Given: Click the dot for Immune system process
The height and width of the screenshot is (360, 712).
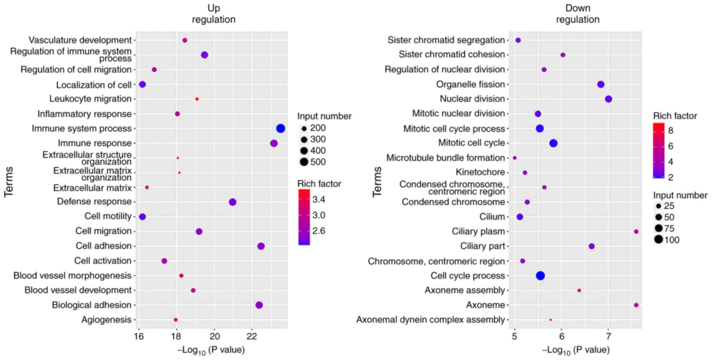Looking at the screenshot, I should [x=280, y=129].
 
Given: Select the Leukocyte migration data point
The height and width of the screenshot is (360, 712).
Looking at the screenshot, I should [x=197, y=99].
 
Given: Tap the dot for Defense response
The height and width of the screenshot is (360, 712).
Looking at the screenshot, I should [x=232, y=202].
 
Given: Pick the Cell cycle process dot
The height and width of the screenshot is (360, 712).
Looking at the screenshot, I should [x=540, y=276].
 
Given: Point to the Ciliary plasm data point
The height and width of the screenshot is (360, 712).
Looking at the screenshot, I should [x=636, y=231].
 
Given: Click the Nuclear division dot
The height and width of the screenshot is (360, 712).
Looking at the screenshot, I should [x=608, y=99].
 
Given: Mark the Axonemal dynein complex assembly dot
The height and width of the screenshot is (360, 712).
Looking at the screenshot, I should [x=550, y=320].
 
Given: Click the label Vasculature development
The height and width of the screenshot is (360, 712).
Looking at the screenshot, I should [x=80, y=40].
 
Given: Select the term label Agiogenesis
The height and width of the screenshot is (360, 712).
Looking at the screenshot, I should [x=106, y=320].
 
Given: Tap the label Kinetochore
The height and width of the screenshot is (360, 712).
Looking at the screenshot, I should [x=480, y=172].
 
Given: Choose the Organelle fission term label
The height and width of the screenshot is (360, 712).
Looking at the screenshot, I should [x=470, y=84].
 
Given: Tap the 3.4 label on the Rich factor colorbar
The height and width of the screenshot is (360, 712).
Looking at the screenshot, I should [x=319, y=200].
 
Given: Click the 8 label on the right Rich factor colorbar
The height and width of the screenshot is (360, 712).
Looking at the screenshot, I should [x=670, y=131].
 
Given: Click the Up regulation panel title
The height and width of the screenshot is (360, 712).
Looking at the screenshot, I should [x=213, y=14].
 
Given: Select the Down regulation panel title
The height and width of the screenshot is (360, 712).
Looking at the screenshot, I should [x=577, y=14].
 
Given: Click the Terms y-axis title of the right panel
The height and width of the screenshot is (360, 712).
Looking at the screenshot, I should [x=377, y=182].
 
